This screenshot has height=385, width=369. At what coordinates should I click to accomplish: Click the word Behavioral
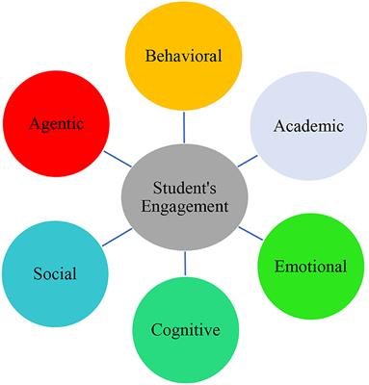tap(183, 56)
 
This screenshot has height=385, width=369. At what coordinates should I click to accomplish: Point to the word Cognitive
tap(185, 331)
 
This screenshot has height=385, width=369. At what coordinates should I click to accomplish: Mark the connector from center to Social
tap(113, 238)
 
